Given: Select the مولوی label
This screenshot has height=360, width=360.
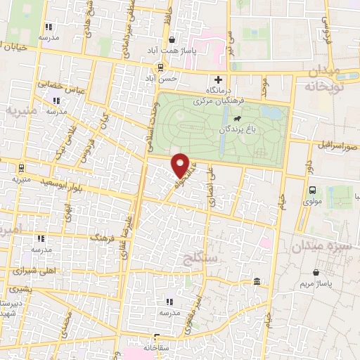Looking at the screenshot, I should click(312, 200).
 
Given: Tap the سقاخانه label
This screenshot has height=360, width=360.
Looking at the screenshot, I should click(157, 347).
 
